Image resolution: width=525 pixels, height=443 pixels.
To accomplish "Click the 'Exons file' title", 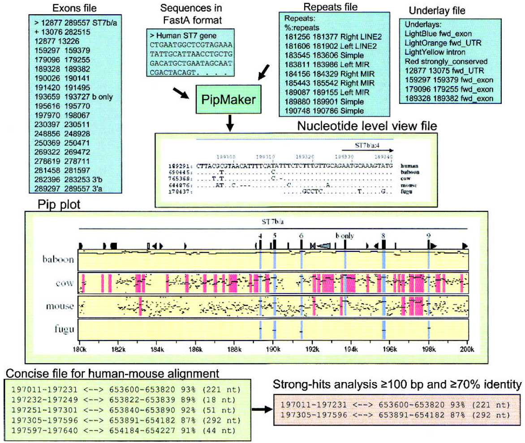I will pos(74,8).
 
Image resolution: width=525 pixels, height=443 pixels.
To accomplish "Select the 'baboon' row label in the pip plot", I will pos(57,259).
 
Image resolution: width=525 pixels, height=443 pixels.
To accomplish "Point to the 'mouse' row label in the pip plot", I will pos(59,306).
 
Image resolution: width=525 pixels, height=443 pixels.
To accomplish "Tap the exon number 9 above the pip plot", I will pos(429,234).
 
